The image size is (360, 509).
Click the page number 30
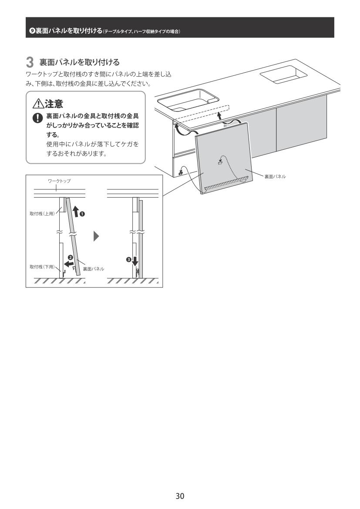point(180,496)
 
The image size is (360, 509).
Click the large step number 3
point(30,62)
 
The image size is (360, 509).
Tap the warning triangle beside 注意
point(38,104)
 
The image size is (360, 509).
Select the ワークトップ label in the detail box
point(59,181)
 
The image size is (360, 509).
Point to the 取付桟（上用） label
point(42,214)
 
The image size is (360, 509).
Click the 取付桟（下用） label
point(42,267)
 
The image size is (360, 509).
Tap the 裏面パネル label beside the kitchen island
point(275,176)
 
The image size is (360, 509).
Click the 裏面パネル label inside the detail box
point(94,269)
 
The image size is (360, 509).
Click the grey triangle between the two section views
point(96,236)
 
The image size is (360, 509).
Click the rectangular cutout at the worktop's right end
point(283,74)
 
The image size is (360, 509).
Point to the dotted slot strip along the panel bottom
point(227,183)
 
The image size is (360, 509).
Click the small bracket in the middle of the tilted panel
point(220,162)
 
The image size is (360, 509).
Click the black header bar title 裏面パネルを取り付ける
point(69,31)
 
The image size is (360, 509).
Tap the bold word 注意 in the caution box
point(54,104)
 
